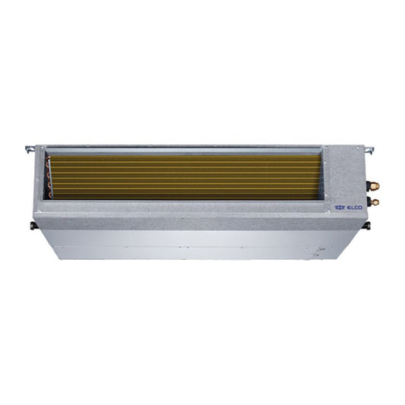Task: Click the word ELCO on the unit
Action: pos(354,204)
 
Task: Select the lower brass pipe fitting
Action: pos(374,201)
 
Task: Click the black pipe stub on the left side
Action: pos(31,224)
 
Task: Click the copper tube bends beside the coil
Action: pos(51,178)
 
